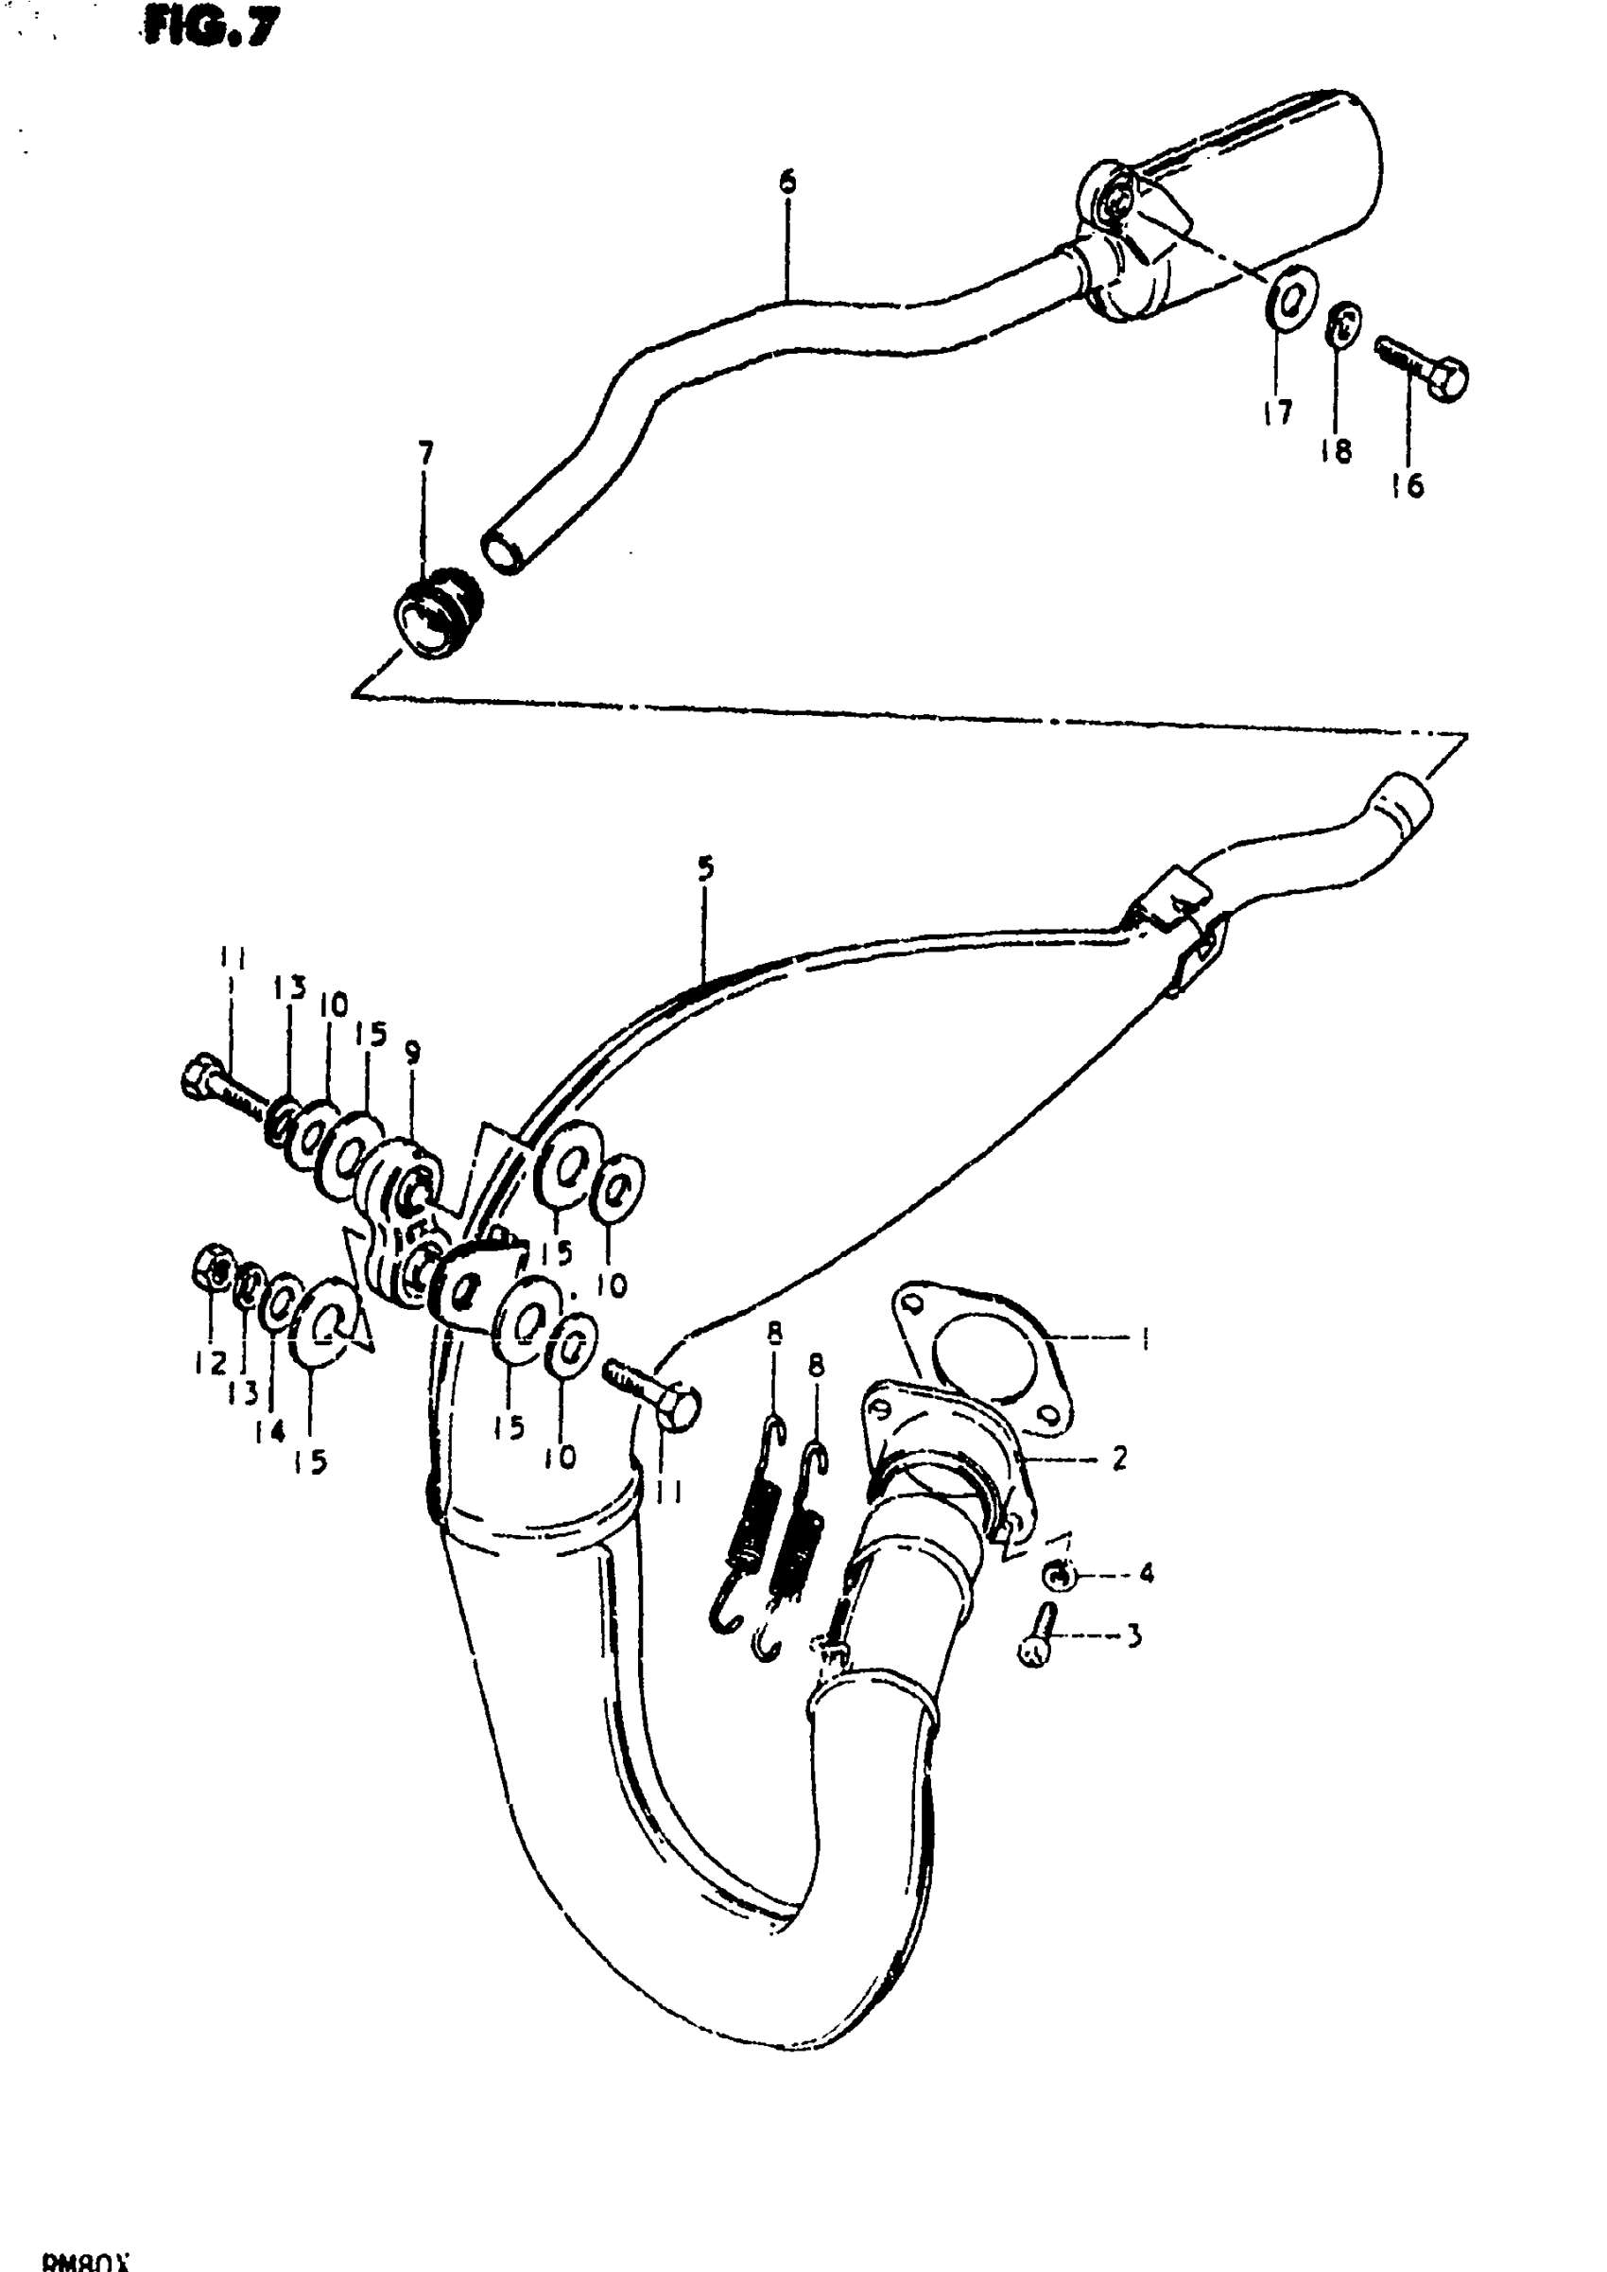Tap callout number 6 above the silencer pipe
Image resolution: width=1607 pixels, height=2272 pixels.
coord(787,183)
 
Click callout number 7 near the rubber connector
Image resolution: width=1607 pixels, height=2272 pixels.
coord(425,454)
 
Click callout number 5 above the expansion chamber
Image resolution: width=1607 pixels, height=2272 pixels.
coord(705,869)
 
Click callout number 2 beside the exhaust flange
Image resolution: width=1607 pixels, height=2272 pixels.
coord(1119,1458)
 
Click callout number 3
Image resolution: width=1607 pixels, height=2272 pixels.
coord(1134,1635)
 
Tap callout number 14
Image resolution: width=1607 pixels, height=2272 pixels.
coord(270,1430)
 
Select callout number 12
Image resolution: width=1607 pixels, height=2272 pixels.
coord(210,1363)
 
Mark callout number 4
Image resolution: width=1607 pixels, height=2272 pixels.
coord(1145,1572)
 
